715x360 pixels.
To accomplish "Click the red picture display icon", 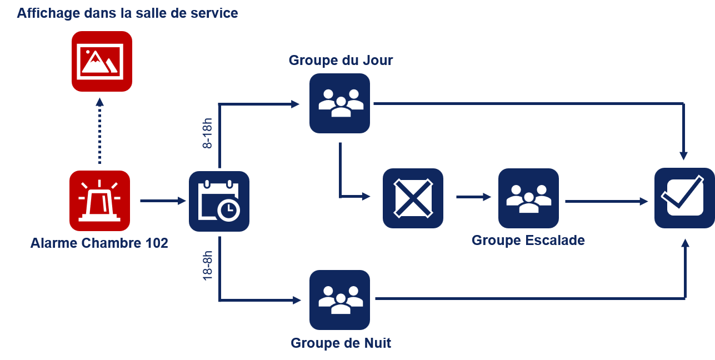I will [102, 61].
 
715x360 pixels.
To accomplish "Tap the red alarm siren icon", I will [99, 201].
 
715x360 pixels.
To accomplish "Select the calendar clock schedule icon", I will [219, 201].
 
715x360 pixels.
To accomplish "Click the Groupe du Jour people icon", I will [339, 103].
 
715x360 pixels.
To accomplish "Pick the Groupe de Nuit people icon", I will [339, 300].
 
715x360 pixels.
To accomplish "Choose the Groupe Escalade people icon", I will [528, 198].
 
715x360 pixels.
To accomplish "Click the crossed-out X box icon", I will [413, 198].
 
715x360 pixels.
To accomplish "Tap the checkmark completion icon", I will [684, 198].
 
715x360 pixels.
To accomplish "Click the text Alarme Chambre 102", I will [99, 243].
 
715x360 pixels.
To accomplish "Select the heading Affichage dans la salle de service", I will [127, 13].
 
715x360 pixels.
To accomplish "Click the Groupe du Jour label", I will [341, 60].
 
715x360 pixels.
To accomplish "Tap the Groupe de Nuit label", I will [341, 343].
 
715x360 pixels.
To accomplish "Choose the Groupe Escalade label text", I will [528, 241].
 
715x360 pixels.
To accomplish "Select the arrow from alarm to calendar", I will [163, 201].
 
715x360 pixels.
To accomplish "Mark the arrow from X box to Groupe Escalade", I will [473, 197].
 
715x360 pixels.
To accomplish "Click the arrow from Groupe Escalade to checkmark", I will [606, 201].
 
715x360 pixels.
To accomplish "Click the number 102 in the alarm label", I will [156, 243].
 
